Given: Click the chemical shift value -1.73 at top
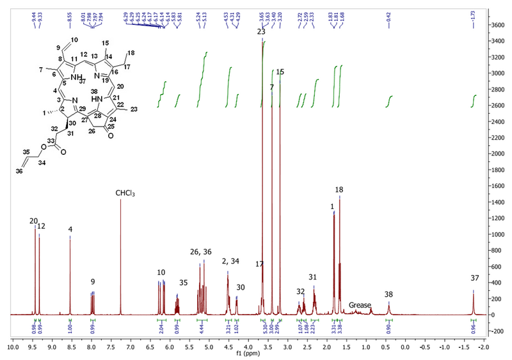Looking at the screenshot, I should (473, 14).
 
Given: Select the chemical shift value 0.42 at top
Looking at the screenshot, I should (388, 14).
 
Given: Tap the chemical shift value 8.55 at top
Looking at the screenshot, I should (70, 14).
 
